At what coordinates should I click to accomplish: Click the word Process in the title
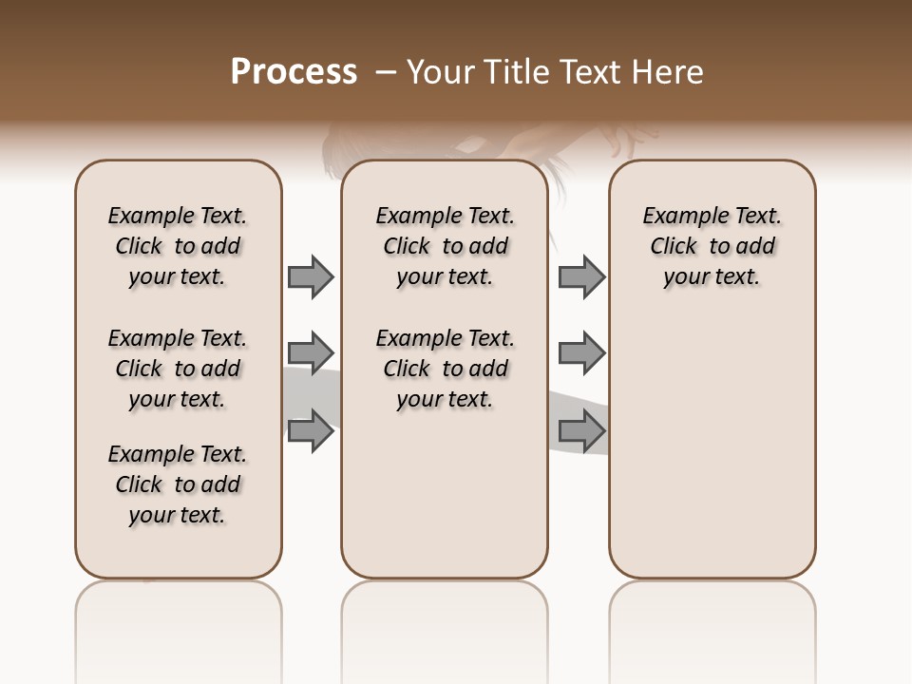point(294,72)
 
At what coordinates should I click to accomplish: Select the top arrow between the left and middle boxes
point(311,276)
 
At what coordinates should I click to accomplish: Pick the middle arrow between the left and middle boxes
point(311,353)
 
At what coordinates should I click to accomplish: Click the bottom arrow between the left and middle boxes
point(311,431)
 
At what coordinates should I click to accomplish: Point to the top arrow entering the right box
point(581,276)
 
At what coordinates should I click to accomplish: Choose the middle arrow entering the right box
point(581,353)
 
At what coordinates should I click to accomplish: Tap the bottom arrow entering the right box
point(581,431)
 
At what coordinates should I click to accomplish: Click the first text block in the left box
point(178,246)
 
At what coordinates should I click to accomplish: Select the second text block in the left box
point(178,369)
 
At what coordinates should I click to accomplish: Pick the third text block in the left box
point(178,484)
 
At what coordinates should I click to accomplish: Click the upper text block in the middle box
point(446,246)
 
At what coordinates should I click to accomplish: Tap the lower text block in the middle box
point(446,369)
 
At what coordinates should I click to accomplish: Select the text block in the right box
point(712,246)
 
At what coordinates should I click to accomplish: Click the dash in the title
point(386,72)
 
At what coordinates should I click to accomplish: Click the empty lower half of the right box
point(712,456)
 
